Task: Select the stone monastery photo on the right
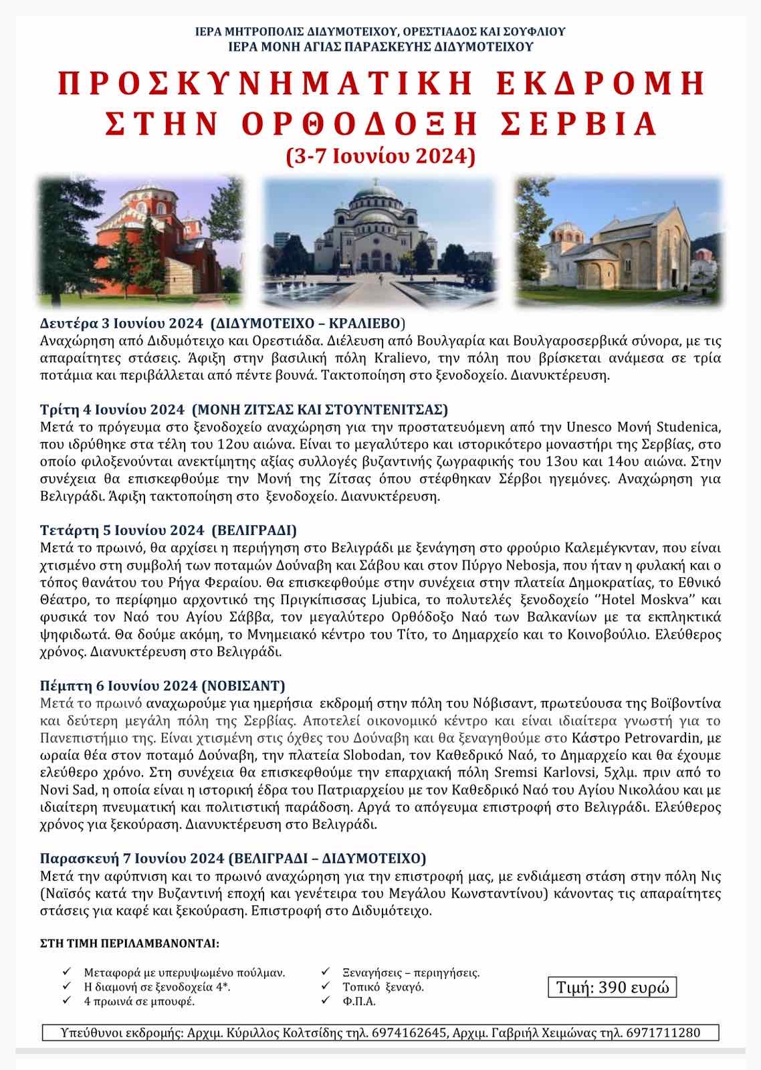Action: pos(619,241)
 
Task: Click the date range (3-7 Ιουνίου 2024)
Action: pos(380,156)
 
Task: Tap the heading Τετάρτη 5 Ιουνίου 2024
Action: pos(122,530)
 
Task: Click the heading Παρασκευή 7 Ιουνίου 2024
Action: pos(131,858)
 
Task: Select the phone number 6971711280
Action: pos(662,1033)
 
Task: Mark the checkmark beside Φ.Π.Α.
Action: pos(326,1000)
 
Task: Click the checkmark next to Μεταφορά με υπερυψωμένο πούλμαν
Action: pos(67,971)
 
